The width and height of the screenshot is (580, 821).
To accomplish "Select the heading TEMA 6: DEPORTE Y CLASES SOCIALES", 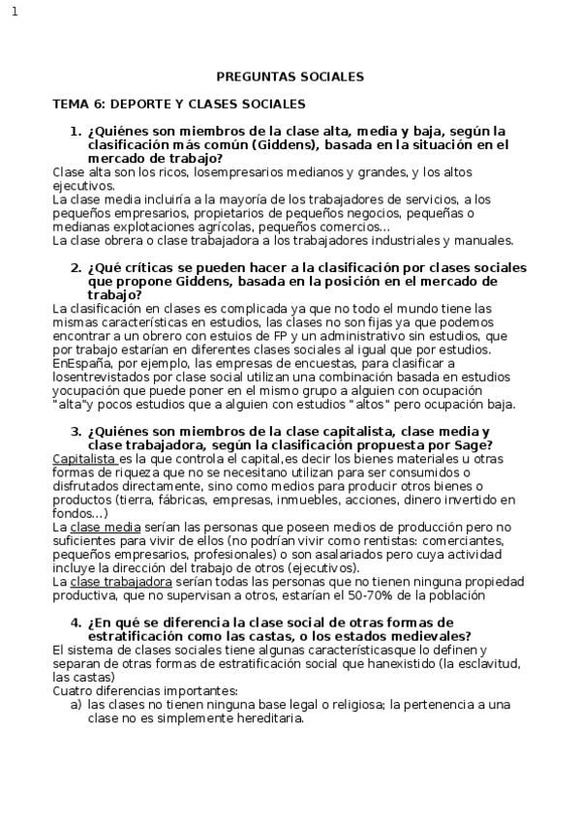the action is [x=178, y=103].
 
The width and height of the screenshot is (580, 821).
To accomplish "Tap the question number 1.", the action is [x=75, y=131].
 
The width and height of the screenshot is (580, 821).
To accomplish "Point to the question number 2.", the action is [x=75, y=267].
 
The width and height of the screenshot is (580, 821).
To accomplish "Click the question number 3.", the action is [x=75, y=431].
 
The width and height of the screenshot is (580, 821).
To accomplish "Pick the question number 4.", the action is [x=75, y=622].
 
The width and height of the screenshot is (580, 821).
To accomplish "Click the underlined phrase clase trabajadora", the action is [x=121, y=582].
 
